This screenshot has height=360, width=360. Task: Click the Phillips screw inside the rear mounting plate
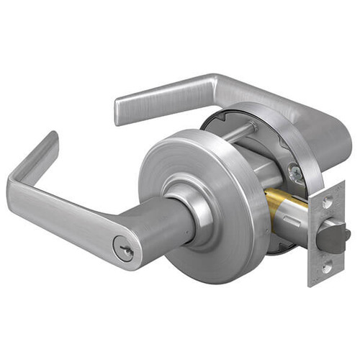pos(294,172)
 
